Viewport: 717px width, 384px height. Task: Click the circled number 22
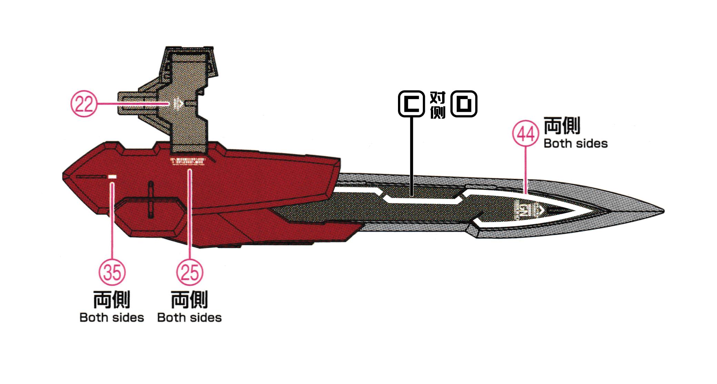(84, 104)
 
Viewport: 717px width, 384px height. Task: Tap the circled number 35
(112, 272)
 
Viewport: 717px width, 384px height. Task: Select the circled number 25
(190, 272)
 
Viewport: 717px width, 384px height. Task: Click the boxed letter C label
(411, 104)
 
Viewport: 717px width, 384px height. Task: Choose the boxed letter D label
(464, 104)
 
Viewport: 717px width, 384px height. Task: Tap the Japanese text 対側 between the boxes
(438, 105)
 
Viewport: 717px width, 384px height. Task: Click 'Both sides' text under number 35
(112, 318)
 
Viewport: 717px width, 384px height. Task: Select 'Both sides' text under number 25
(189, 318)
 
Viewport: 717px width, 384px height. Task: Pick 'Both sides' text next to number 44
(576, 144)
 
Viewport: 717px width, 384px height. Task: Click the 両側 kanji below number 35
(112, 299)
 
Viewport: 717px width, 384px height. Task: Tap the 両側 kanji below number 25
(189, 299)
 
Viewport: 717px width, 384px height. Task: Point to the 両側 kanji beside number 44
(562, 125)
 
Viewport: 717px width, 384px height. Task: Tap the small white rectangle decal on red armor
(112, 177)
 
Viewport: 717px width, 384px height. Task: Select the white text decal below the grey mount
(188, 161)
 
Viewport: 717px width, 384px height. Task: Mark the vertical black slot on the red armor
(150, 199)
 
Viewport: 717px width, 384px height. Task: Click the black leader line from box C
(411, 155)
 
